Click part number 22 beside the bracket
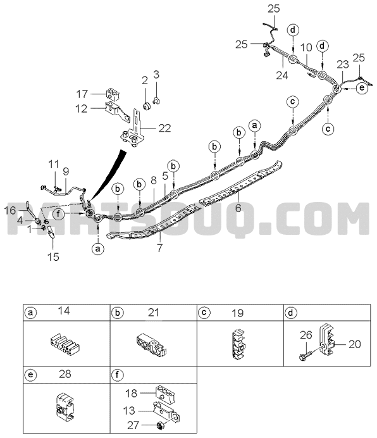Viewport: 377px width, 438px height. click(164, 128)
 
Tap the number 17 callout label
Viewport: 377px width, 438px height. click(82, 94)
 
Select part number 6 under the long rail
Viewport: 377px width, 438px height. click(238, 208)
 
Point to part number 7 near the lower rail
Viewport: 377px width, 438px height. click(159, 247)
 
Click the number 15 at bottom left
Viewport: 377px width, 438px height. click(53, 257)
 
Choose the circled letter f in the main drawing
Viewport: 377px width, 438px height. click(58, 214)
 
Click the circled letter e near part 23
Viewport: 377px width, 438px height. click(362, 88)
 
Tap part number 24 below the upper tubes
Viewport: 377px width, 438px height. click(281, 75)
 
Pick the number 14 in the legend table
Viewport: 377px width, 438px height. click(64, 311)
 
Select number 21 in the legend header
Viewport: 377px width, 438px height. click(154, 312)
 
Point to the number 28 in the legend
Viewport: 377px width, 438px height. click(65, 373)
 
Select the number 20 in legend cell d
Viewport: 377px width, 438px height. click(355, 344)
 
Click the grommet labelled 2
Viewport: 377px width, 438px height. click(147, 106)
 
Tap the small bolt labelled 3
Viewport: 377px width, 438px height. click(156, 100)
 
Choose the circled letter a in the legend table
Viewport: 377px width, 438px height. click(30, 313)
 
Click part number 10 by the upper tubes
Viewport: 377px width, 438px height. click(306, 47)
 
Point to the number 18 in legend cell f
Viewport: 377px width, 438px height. click(131, 393)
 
